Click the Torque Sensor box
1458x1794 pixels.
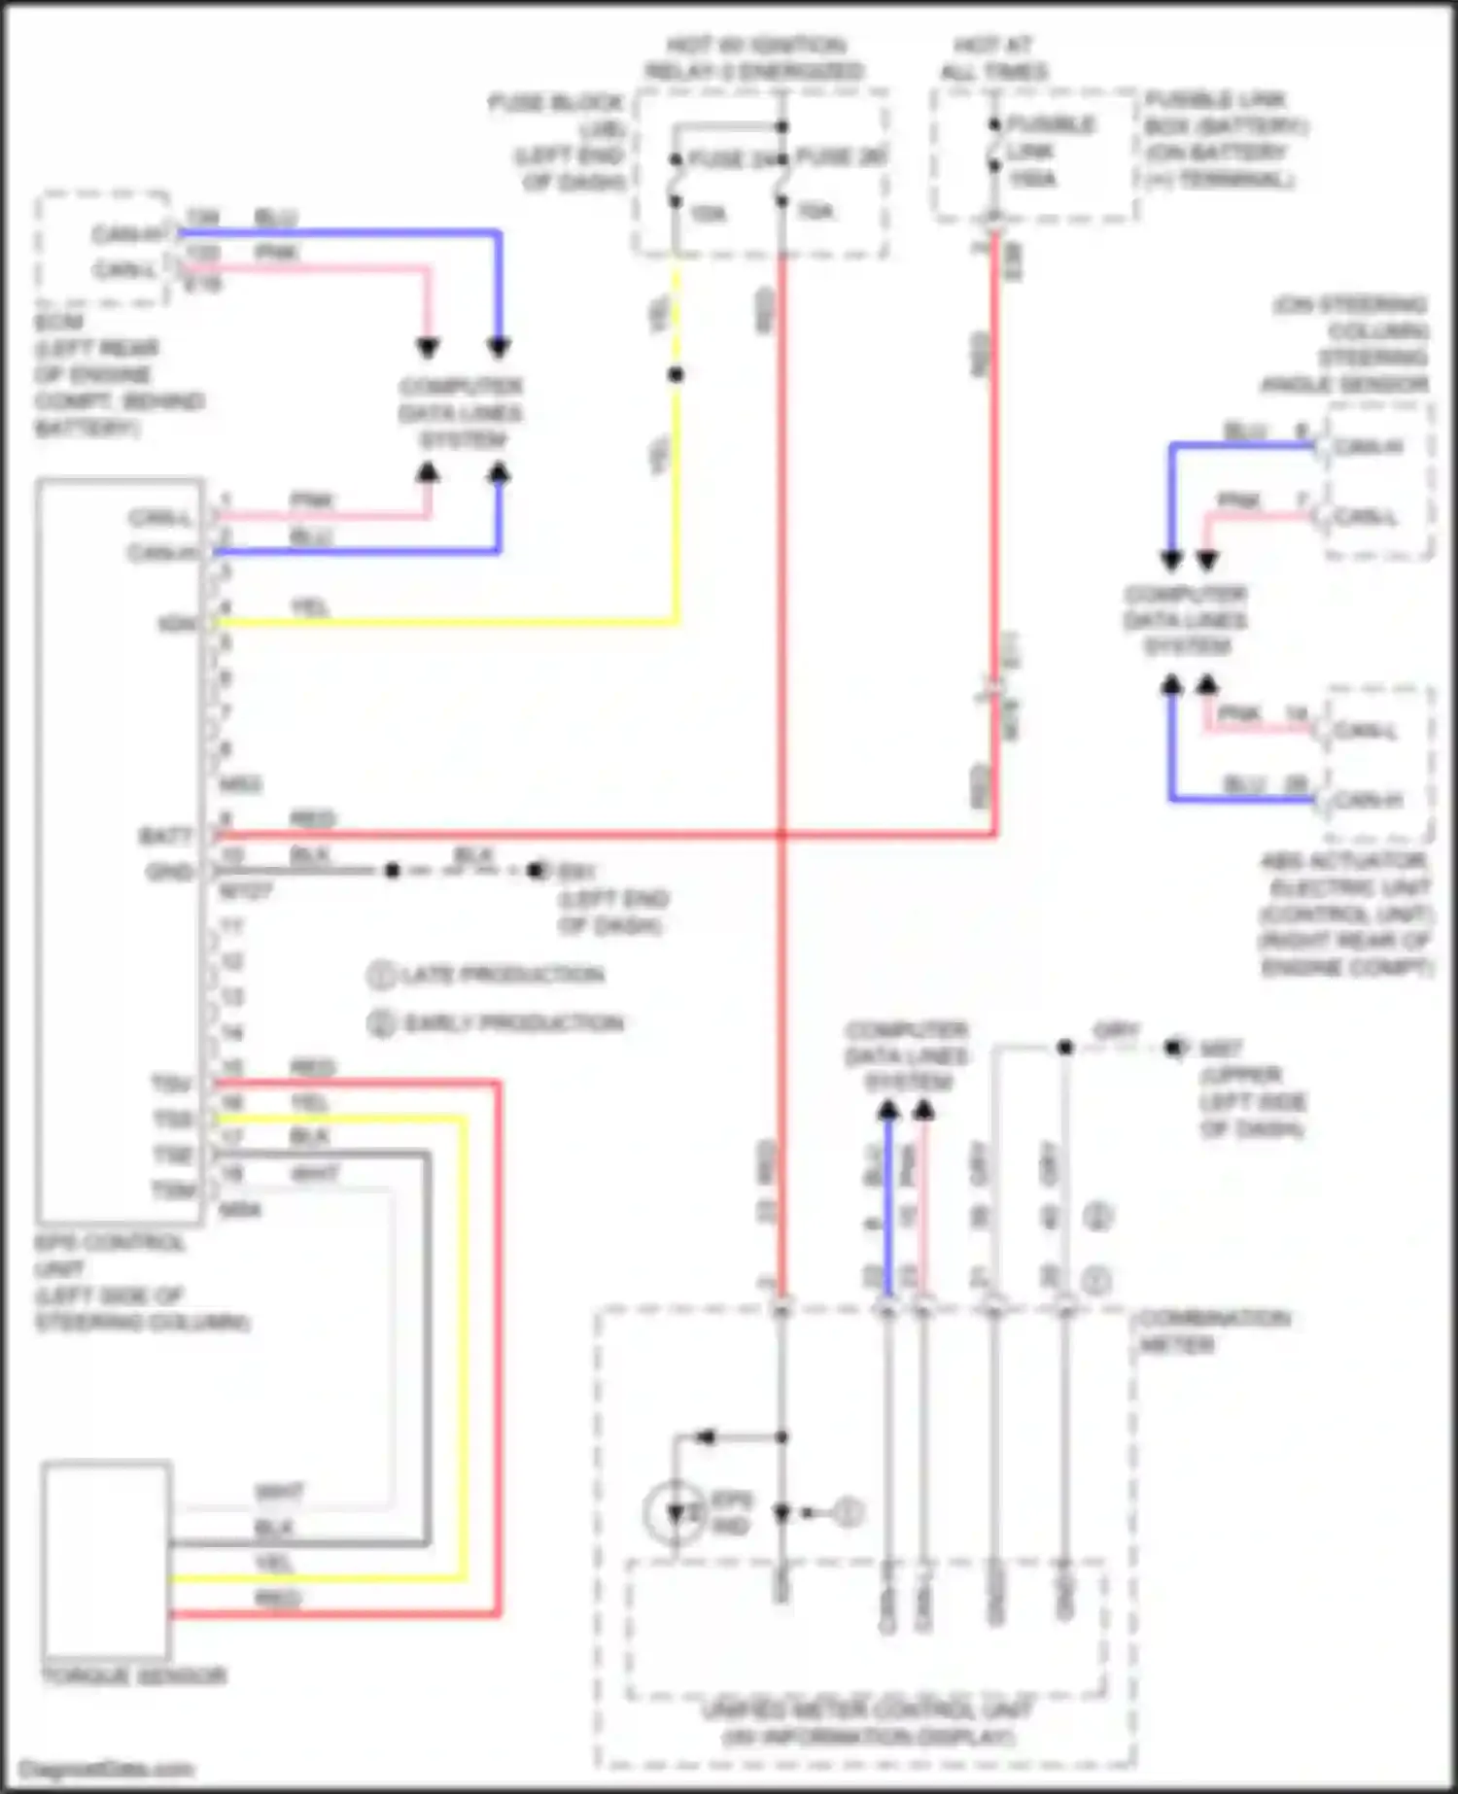click(x=106, y=1561)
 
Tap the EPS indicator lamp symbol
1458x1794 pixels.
click(x=674, y=1512)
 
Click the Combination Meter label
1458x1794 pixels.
click(x=1212, y=1331)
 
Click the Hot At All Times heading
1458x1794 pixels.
click(x=993, y=58)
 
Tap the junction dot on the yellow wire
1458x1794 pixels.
click(x=677, y=375)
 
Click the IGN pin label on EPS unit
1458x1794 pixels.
click(x=177, y=623)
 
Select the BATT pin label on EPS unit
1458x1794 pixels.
click(x=166, y=836)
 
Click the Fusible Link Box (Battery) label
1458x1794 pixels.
click(x=1224, y=140)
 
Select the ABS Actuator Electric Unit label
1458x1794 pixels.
click(x=1347, y=914)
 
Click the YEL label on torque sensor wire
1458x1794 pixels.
click(x=273, y=1563)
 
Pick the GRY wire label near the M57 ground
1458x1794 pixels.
click(x=1115, y=1031)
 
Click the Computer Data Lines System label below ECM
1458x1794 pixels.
click(x=462, y=413)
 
